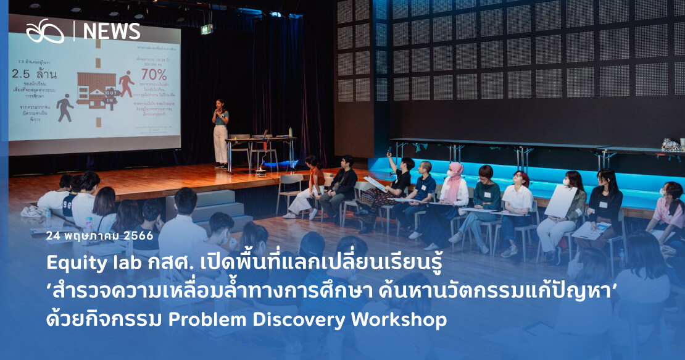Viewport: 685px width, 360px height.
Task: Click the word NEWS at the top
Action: (x=112, y=31)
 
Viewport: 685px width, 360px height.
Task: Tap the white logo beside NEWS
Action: (x=44, y=31)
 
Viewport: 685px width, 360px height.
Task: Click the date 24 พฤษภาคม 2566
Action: (x=100, y=236)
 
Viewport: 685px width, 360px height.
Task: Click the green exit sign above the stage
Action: (x=207, y=29)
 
